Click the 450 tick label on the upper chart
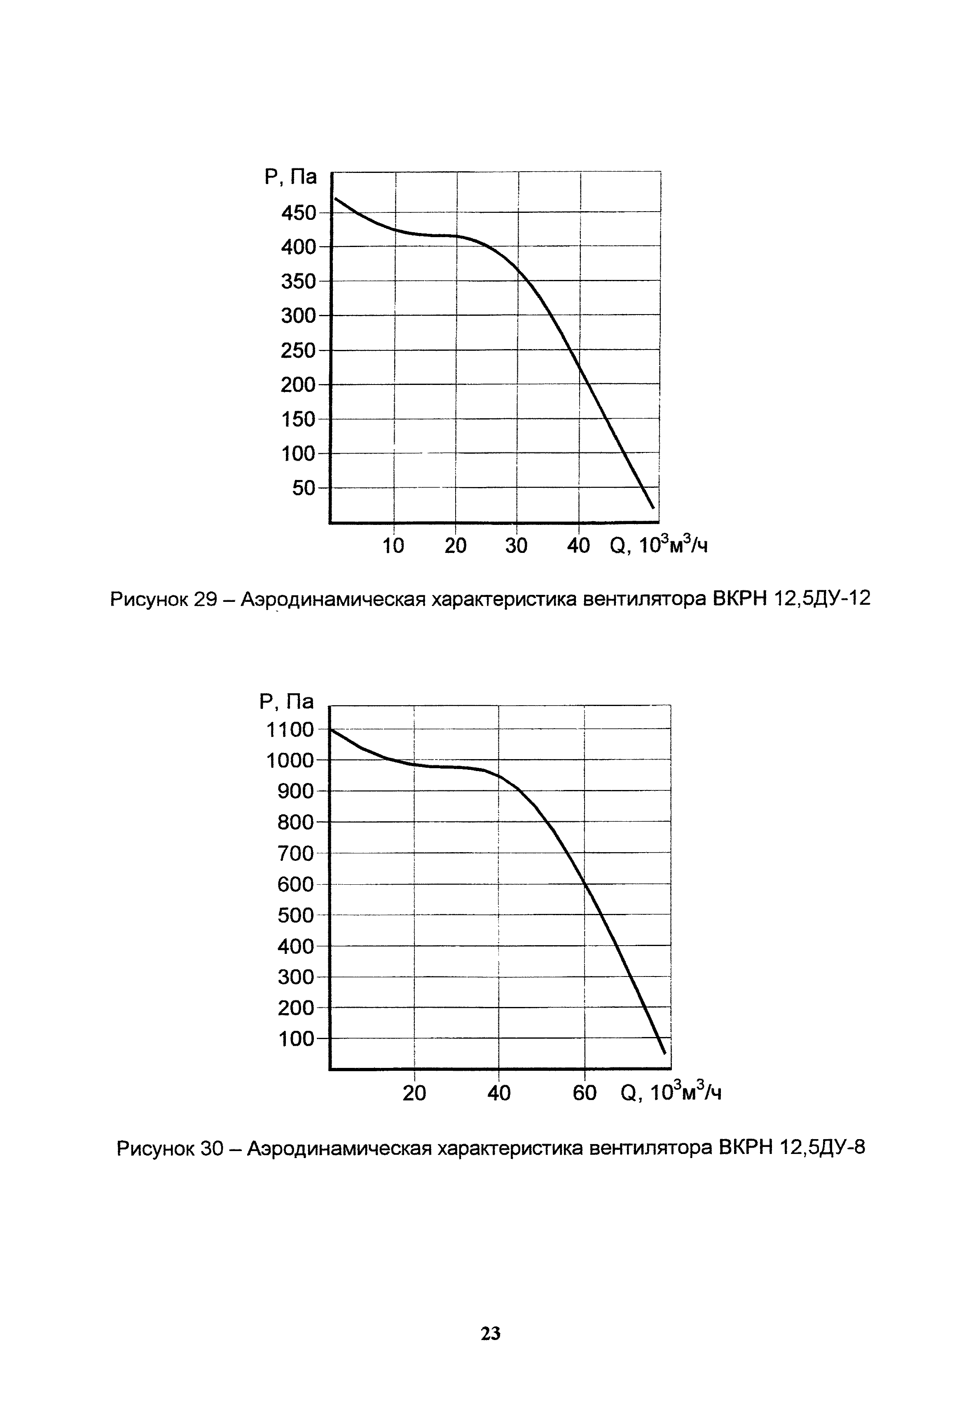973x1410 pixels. pyautogui.click(x=298, y=213)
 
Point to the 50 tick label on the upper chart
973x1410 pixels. pyautogui.click(x=304, y=488)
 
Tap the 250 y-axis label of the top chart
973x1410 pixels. pyautogui.click(x=298, y=351)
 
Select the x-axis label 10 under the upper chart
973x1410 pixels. pyautogui.click(x=393, y=546)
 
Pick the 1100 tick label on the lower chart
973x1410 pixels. pyautogui.click(x=290, y=729)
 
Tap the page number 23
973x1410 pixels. pyautogui.click(x=491, y=1334)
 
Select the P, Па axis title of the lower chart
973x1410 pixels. pyautogui.click(x=286, y=702)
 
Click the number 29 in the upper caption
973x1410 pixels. pyautogui.click(x=206, y=599)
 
